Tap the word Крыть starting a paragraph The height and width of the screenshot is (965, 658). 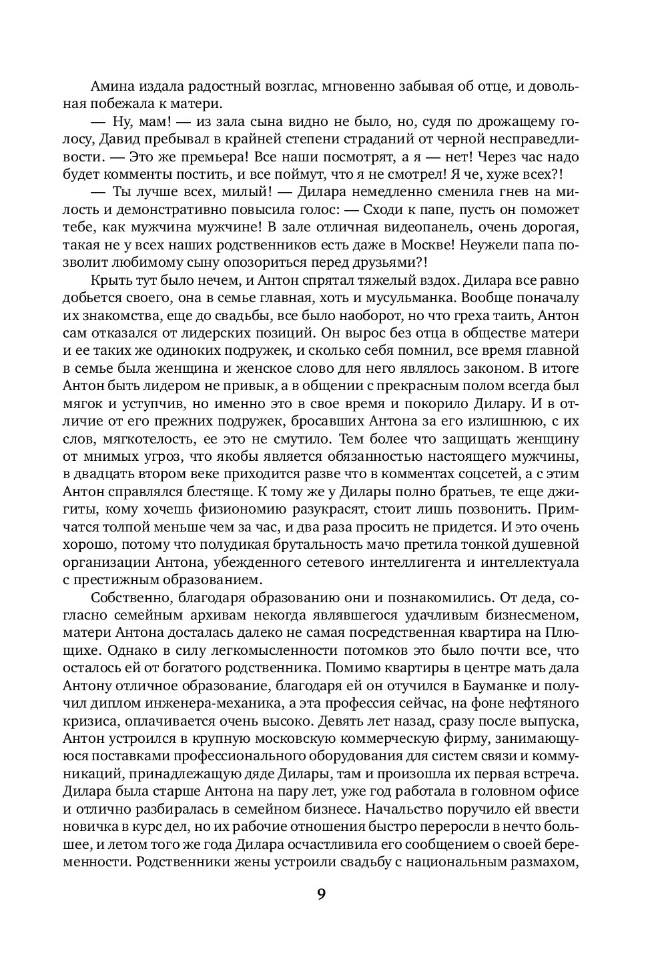[108, 279]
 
